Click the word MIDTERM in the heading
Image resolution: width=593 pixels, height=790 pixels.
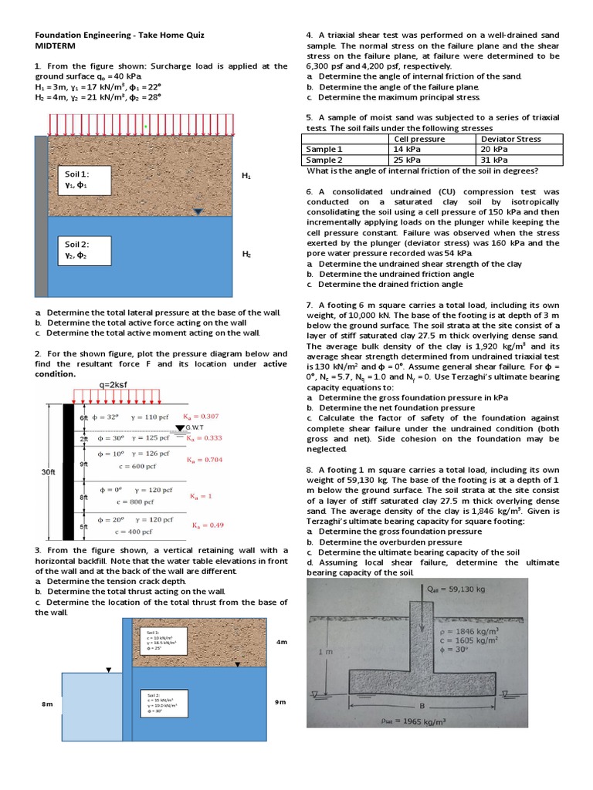[x=53, y=46]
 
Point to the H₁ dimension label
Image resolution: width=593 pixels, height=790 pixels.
[x=246, y=176]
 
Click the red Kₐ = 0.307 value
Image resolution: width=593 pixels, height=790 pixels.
[x=203, y=417]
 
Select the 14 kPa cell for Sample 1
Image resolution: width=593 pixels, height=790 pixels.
[x=407, y=149]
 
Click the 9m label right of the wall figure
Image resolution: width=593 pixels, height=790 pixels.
[x=280, y=702]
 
